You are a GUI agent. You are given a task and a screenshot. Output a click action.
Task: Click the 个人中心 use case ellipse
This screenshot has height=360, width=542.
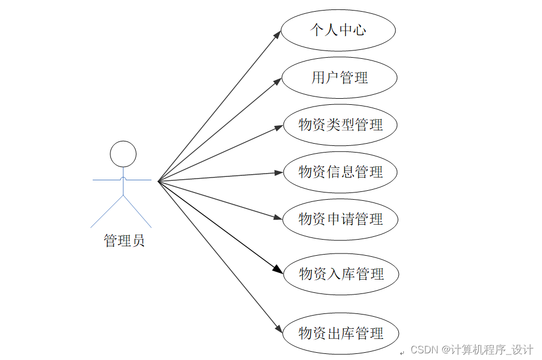tap(338, 30)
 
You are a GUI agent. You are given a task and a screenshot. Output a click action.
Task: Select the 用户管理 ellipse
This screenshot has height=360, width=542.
tap(339, 78)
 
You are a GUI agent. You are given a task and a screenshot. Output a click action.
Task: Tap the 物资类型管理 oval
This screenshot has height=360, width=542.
tap(340, 125)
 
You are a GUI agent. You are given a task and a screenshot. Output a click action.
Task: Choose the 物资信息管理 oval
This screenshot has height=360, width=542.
tap(340, 172)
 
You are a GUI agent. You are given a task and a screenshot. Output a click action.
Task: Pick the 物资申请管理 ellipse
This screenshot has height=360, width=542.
tap(340, 219)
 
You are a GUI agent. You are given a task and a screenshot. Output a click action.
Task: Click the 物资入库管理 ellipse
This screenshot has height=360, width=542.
tap(341, 273)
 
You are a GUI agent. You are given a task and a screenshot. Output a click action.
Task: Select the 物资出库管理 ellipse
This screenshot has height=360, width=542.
tap(341, 333)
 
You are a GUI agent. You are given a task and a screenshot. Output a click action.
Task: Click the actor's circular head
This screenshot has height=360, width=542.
tap(123, 154)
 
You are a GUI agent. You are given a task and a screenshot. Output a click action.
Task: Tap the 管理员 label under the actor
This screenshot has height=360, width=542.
tap(124, 241)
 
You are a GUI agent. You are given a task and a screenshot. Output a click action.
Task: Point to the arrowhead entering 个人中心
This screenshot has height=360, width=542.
tap(278, 33)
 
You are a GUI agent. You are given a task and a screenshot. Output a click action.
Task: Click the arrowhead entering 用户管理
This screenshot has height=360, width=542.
tap(279, 82)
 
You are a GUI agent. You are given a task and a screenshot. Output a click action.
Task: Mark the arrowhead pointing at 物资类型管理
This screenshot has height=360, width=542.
tap(280, 127)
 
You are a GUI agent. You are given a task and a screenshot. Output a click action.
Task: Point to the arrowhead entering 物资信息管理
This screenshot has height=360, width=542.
tap(280, 173)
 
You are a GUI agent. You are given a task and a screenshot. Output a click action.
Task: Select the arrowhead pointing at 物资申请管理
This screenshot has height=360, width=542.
tap(280, 218)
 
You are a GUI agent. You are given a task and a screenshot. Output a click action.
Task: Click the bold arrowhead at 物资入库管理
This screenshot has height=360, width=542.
tap(280, 270)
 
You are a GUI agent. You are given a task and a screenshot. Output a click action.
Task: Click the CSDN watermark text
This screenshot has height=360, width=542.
tap(472, 350)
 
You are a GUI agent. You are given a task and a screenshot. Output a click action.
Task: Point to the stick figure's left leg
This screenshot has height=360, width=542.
tap(107, 211)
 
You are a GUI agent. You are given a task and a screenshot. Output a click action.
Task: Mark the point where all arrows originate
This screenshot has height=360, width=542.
tap(158, 181)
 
